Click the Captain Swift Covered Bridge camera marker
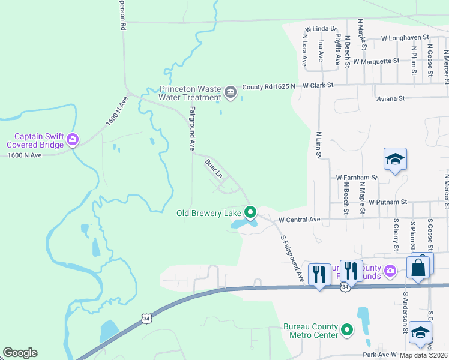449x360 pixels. [x=73, y=139]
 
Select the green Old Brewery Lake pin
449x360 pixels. [x=250, y=212]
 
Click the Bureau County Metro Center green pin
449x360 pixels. [x=347, y=329]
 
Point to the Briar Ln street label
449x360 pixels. [x=214, y=169]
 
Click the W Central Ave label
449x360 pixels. [x=300, y=220]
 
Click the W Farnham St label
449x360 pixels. [x=357, y=178]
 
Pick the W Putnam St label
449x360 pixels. [x=388, y=202]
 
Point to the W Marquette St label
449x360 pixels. [x=376, y=61]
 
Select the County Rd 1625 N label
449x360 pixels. [x=268, y=87]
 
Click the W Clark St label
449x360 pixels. [x=318, y=86]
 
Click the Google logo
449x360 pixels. [x=20, y=353]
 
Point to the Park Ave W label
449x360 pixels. [x=379, y=355]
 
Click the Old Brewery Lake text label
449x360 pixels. [x=208, y=213]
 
